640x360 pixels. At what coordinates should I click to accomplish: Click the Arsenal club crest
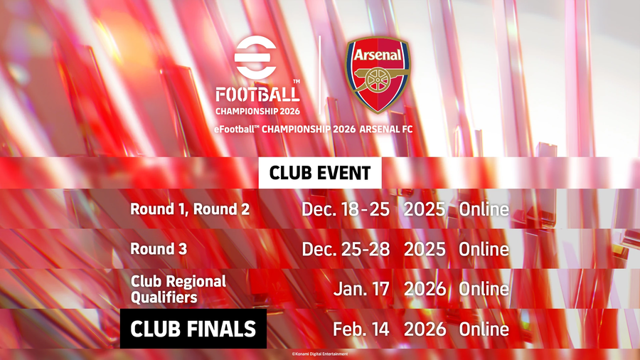click(x=378, y=75)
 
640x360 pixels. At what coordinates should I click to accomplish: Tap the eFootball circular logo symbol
click(x=255, y=57)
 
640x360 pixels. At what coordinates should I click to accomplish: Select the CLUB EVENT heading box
click(x=320, y=173)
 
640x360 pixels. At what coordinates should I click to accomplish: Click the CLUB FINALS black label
click(x=193, y=329)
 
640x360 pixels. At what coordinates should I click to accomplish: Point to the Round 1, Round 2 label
click(x=190, y=209)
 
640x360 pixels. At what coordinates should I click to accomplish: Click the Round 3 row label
click(x=159, y=248)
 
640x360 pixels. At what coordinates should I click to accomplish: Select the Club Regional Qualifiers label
click(x=178, y=289)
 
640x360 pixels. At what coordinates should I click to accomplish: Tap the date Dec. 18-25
click(x=346, y=209)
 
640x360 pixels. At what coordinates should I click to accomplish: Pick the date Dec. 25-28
click(x=346, y=249)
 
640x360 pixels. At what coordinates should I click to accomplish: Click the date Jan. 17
click(x=361, y=289)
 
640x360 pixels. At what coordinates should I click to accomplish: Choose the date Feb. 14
click(x=361, y=329)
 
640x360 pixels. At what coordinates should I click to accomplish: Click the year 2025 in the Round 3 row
click(x=425, y=249)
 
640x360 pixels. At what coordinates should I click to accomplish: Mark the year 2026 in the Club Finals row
click(x=425, y=329)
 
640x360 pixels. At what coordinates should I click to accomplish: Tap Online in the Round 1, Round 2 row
click(x=484, y=209)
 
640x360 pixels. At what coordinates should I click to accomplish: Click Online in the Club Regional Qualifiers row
click(x=484, y=289)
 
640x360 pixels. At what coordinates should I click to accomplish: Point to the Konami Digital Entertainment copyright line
click(x=320, y=354)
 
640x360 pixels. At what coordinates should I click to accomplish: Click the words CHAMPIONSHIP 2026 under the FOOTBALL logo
click(x=257, y=111)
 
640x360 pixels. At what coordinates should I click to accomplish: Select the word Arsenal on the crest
click(x=378, y=54)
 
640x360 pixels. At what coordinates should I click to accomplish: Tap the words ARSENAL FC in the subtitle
click(x=386, y=129)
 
